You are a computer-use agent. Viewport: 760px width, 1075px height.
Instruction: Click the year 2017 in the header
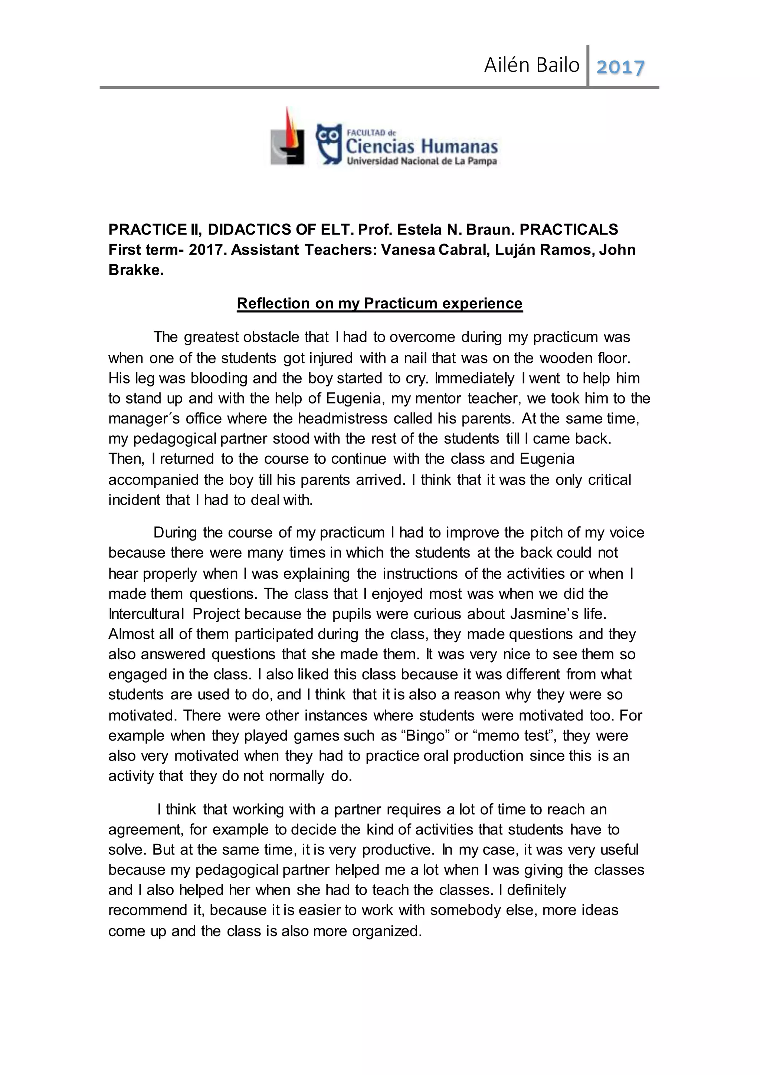pos(620,67)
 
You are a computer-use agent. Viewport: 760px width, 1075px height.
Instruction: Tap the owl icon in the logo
pos(329,144)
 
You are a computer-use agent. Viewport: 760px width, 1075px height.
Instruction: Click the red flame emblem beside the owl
pos(289,136)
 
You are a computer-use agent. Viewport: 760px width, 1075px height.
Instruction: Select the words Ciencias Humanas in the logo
pos(421,147)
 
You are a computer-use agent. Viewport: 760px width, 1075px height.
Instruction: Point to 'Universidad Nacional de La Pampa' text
pos(421,161)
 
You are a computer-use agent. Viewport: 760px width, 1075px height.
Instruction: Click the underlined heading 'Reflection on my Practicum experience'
pos(380,303)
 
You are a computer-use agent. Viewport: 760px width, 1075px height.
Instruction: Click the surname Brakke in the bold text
pos(136,270)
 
